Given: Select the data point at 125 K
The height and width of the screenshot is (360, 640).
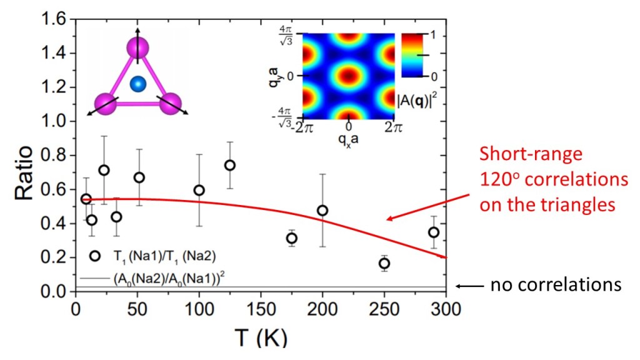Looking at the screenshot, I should click(x=229, y=165).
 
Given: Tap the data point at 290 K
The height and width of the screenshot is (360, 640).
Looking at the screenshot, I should click(x=433, y=232).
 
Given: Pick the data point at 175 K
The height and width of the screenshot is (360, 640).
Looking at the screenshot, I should click(x=291, y=238).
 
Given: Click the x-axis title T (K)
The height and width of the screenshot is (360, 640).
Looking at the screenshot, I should click(x=261, y=338).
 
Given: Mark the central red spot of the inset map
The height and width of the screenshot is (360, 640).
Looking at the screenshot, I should click(x=348, y=76).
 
